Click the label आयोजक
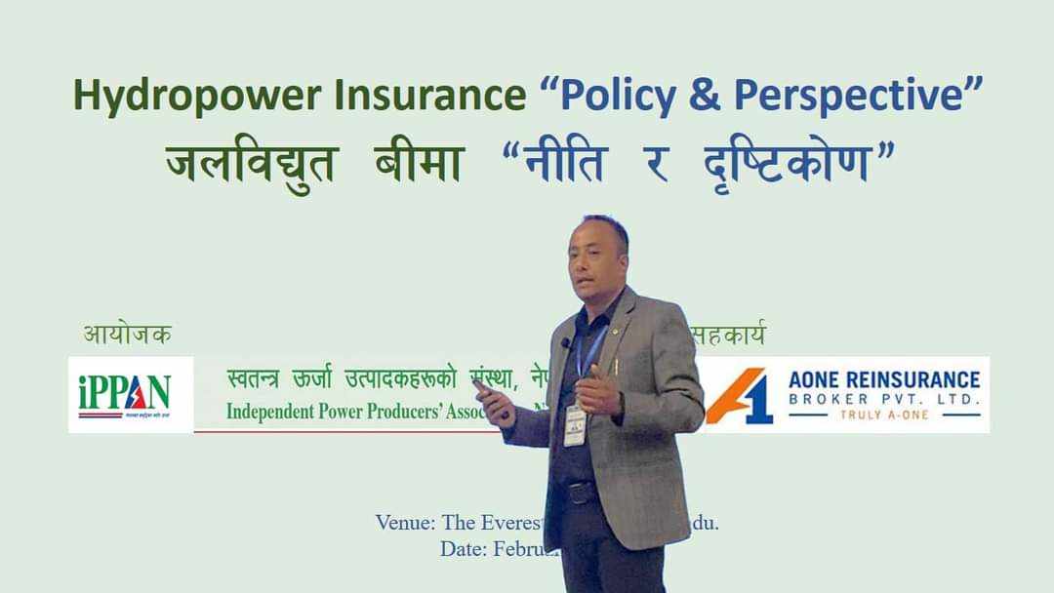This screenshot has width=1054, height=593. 127,335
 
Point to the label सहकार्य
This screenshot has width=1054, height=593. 727,335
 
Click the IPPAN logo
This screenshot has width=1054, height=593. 126,394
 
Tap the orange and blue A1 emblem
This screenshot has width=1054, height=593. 739,395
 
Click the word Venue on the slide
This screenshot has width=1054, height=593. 404,522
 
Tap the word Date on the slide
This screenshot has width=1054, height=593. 462,549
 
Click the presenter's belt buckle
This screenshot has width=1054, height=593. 583,494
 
